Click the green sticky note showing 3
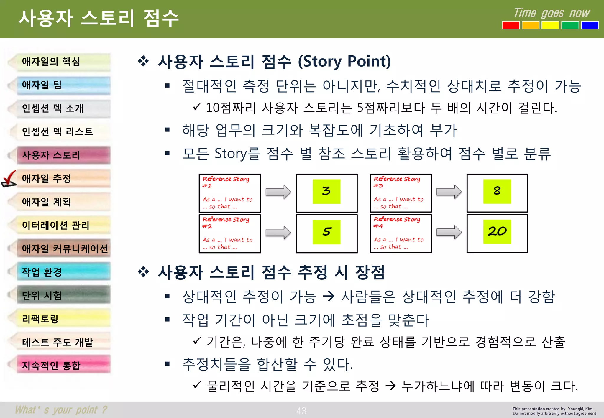[x=326, y=192]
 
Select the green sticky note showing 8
[x=497, y=191]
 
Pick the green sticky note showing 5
[x=326, y=232]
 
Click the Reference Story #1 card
[x=230, y=193]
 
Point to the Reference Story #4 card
[x=401, y=233]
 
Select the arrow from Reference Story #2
[x=278, y=232]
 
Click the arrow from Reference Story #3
[x=449, y=192]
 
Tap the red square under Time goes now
[x=511, y=25]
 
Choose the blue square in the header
[x=590, y=25]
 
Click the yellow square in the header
[x=550, y=25]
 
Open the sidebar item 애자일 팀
[x=63, y=85]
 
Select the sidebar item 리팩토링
[x=63, y=319]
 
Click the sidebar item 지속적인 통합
[x=63, y=365]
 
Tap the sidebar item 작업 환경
[x=63, y=272]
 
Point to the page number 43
[x=301, y=411]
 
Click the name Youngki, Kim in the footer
[x=580, y=409]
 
